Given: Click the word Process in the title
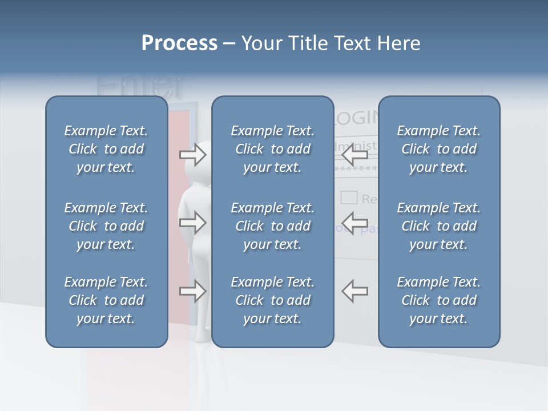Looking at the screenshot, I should pyautogui.click(x=179, y=43).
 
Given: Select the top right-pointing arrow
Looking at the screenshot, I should pyautogui.click(x=193, y=155).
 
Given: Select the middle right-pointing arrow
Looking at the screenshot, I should pyautogui.click(x=193, y=223).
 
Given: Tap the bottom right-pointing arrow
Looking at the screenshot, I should pyautogui.click(x=193, y=291).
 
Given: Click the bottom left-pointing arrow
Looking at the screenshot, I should pyautogui.click(x=354, y=291).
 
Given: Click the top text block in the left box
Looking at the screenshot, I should pyautogui.click(x=106, y=149).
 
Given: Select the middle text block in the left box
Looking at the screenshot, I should pyautogui.click(x=106, y=226).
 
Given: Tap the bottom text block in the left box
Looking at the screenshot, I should pyautogui.click(x=106, y=300).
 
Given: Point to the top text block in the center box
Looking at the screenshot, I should pyautogui.click(x=273, y=149).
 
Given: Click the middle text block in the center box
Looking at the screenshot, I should pyautogui.click(x=273, y=226).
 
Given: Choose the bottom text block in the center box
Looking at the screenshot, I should pyautogui.click(x=273, y=300).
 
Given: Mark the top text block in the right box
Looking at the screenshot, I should pyautogui.click(x=439, y=149).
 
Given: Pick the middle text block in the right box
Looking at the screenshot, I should pyautogui.click(x=439, y=226).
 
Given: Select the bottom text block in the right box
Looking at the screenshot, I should pyautogui.click(x=439, y=300).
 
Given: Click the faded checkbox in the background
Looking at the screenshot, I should pyautogui.click(x=349, y=198).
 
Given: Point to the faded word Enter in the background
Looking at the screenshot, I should pyautogui.click(x=139, y=86).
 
